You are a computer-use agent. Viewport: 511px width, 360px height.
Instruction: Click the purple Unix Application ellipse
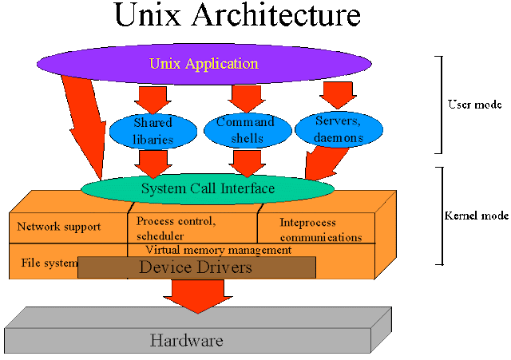click(204, 63)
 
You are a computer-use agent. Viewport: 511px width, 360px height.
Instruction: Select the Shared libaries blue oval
click(153, 131)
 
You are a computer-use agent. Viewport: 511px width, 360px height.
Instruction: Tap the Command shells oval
click(245, 130)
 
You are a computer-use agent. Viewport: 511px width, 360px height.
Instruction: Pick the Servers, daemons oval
click(339, 129)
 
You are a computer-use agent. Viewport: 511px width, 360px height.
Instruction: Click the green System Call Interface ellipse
click(208, 189)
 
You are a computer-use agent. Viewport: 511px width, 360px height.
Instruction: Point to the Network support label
click(59, 227)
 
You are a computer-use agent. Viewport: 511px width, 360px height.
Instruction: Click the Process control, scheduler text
click(176, 228)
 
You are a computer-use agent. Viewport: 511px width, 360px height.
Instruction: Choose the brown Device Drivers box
click(196, 267)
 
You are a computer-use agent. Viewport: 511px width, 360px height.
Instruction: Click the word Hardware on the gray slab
click(186, 341)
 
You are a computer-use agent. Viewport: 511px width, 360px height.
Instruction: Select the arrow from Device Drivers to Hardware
click(196, 295)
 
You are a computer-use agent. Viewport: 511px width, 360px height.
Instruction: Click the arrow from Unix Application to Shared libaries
click(153, 99)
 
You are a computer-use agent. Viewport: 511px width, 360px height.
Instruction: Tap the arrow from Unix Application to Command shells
click(246, 97)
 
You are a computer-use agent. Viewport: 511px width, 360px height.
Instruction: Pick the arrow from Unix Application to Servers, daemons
click(338, 94)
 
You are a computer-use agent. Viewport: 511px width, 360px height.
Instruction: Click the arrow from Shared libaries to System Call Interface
click(153, 163)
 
